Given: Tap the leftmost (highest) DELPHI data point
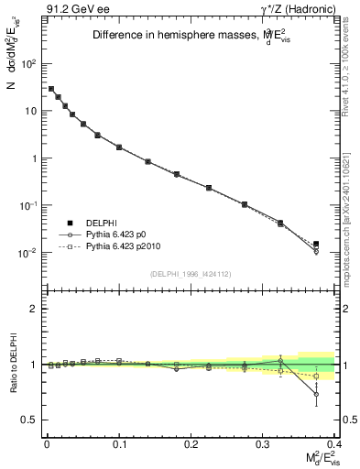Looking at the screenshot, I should coord(51,89).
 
